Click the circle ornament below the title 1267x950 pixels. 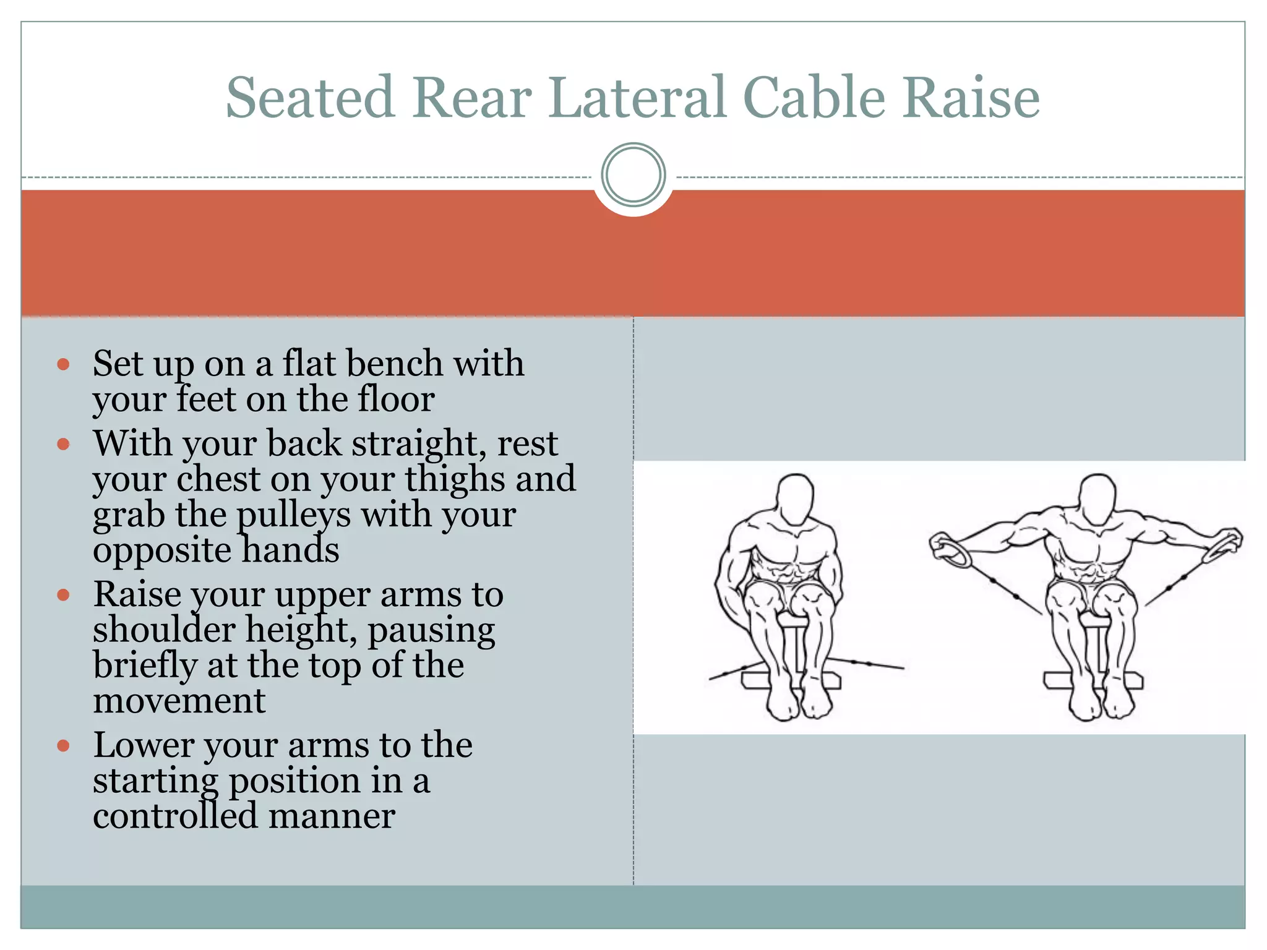(x=633, y=175)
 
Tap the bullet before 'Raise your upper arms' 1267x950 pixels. (x=63, y=595)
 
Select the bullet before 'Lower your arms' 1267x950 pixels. (x=63, y=746)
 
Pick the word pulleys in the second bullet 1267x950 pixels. (x=294, y=515)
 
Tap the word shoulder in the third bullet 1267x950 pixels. (x=164, y=630)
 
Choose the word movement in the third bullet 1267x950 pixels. (x=179, y=701)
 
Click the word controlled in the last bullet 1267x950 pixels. (x=175, y=816)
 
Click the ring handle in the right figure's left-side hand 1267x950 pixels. (x=951, y=550)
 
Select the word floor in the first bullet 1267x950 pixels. (x=396, y=400)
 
